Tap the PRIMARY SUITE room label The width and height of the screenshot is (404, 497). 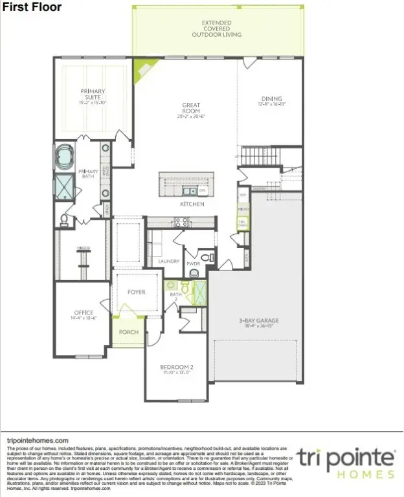[93, 96]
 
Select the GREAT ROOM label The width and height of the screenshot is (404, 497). [191, 109]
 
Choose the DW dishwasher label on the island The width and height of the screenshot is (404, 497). [202, 191]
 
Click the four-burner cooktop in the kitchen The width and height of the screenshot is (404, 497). [181, 221]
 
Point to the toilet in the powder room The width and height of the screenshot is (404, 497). [206, 258]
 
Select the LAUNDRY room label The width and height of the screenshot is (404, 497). [168, 261]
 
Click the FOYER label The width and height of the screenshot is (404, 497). [136, 292]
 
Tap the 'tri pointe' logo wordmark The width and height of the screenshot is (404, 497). [346, 456]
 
